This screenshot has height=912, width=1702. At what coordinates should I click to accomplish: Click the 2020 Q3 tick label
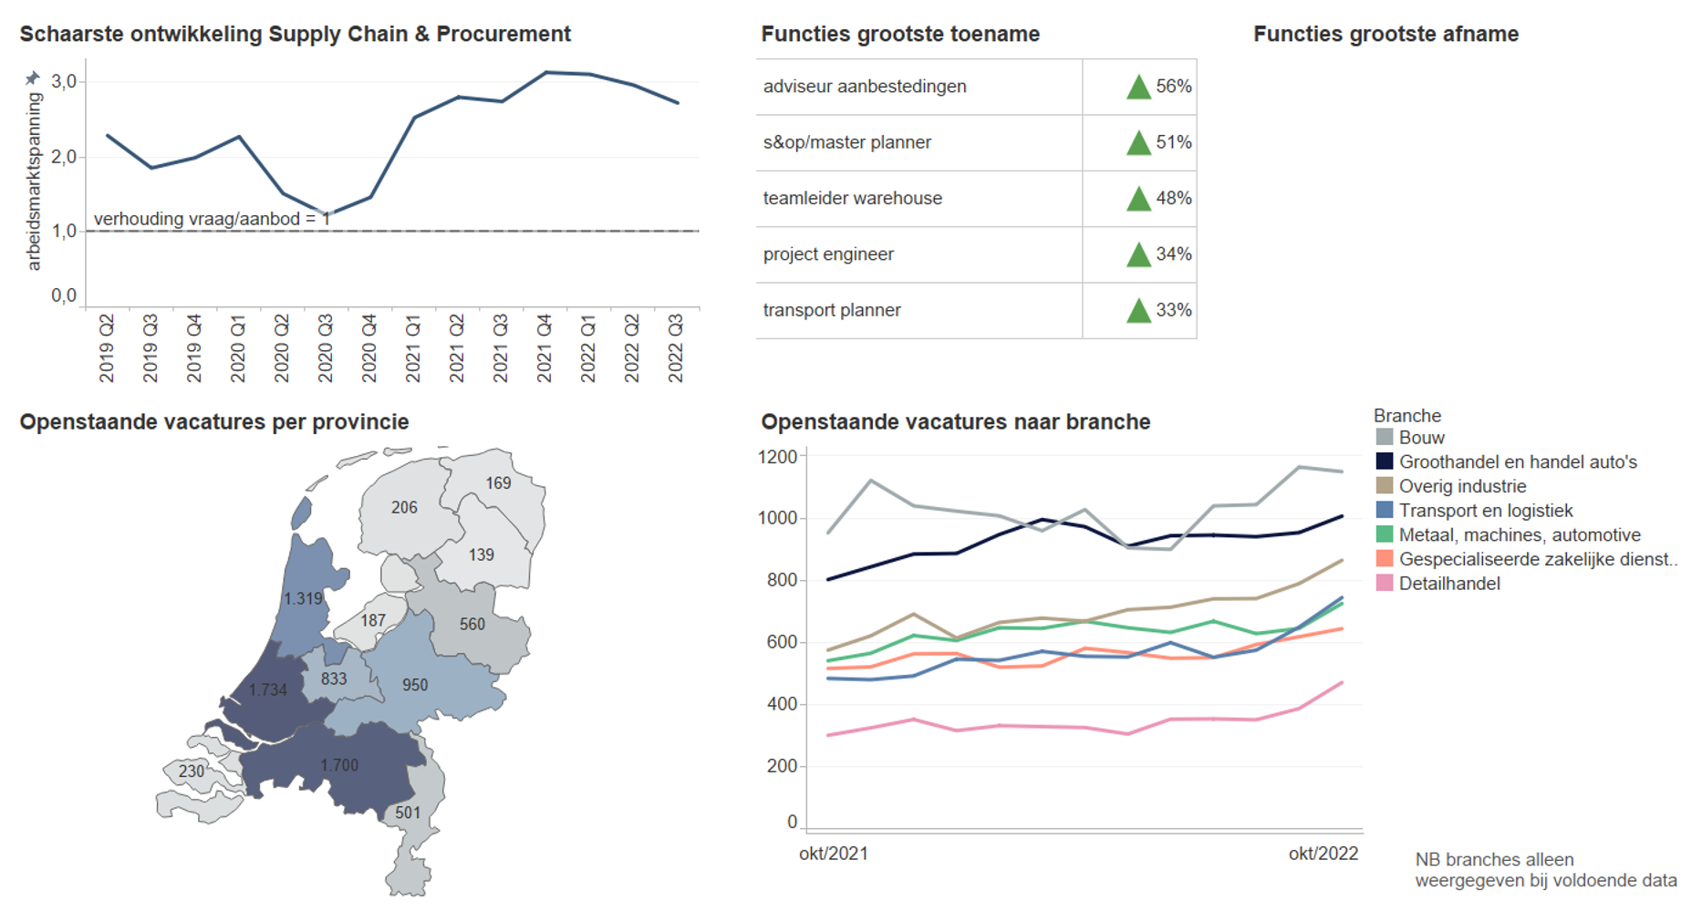click(x=325, y=348)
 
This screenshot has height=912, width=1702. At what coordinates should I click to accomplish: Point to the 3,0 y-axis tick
click(x=64, y=82)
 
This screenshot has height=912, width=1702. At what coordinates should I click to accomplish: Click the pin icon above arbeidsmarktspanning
click(x=33, y=78)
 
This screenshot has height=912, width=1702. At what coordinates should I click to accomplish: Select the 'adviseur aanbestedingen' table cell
click(x=865, y=87)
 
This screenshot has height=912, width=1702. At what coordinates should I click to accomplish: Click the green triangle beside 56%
click(x=1138, y=88)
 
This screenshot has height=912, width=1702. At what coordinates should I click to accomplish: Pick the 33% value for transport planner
click(x=1174, y=310)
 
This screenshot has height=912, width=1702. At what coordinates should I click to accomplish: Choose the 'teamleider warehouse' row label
click(x=852, y=199)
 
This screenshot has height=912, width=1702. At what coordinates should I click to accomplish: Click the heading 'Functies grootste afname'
click(x=1385, y=35)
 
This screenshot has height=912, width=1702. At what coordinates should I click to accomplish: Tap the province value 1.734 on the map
click(x=268, y=690)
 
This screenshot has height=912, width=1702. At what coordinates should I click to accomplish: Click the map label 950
click(x=415, y=685)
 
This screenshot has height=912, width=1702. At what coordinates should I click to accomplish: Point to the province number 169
click(x=498, y=483)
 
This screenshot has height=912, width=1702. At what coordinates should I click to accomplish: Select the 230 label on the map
click(x=192, y=772)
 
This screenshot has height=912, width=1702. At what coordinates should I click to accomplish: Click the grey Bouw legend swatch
click(x=1385, y=438)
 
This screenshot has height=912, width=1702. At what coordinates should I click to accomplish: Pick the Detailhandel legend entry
click(x=1448, y=584)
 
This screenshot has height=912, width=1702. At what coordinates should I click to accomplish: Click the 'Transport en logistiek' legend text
click(x=1486, y=511)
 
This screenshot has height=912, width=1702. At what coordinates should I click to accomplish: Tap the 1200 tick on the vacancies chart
click(x=777, y=457)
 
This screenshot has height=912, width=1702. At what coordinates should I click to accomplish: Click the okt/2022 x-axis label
click(x=1323, y=854)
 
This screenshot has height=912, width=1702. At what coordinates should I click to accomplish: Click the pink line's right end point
click(x=1342, y=682)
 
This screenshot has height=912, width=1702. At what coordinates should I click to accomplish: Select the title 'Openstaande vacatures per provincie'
click(x=214, y=422)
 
